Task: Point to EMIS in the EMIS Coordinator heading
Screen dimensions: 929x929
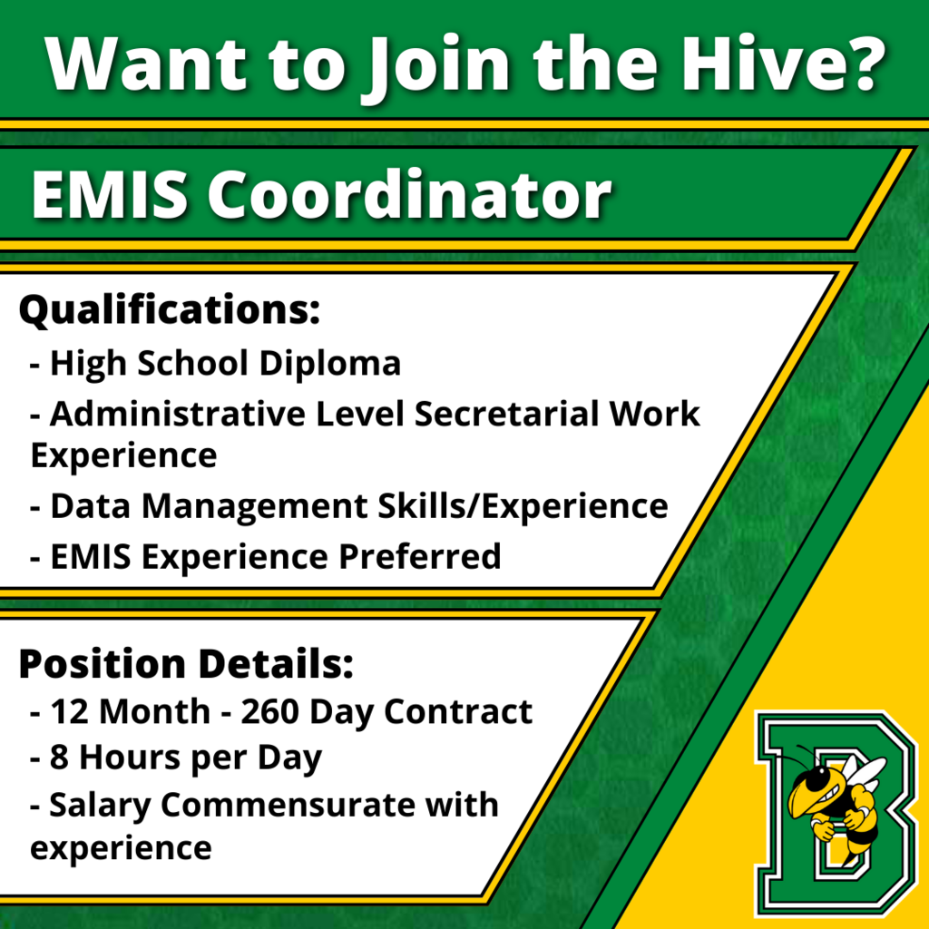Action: point(110,195)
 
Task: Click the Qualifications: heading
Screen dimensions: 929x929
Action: point(170,310)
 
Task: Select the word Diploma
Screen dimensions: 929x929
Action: point(330,363)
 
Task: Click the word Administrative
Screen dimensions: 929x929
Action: point(177,414)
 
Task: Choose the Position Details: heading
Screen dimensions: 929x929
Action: point(186,663)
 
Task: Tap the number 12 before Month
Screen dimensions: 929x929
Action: point(71,711)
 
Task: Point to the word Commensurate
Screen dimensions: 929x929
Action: point(288,806)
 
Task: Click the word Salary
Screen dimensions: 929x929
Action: point(100,807)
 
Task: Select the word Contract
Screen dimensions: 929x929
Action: point(458,711)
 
